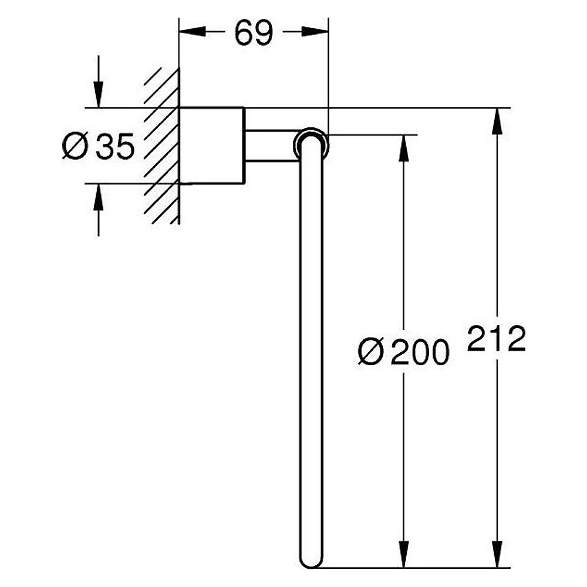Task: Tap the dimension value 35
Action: click(x=114, y=146)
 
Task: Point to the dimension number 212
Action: click(x=497, y=339)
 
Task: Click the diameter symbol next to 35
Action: click(x=75, y=146)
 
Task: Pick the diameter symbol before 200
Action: click(x=371, y=352)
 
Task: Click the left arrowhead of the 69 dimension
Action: click(x=193, y=32)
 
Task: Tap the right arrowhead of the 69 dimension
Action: click(x=315, y=32)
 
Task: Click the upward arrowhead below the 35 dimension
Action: click(x=99, y=197)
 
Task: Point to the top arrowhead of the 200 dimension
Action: click(x=403, y=148)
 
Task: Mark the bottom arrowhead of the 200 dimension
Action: click(x=403, y=554)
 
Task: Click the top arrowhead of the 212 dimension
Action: click(x=497, y=121)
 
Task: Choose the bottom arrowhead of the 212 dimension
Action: click(x=497, y=554)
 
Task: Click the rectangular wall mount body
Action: click(x=212, y=146)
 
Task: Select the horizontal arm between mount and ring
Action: click(x=270, y=146)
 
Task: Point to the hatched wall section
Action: click(x=162, y=146)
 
